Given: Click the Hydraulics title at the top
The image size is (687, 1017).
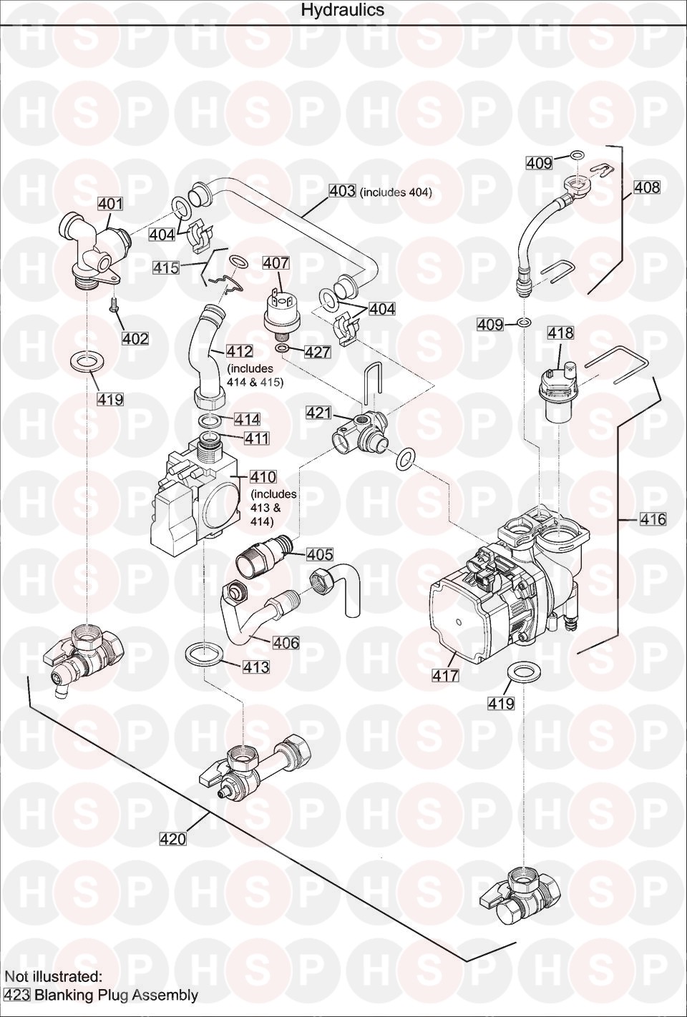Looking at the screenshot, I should click(x=342, y=10).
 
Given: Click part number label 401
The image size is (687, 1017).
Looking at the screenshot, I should click(x=110, y=204).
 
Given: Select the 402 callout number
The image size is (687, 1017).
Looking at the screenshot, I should click(x=135, y=338).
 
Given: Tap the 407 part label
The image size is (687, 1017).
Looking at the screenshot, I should click(x=276, y=263).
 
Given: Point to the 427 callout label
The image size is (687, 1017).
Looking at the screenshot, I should click(x=317, y=352).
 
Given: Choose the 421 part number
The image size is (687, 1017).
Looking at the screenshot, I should click(x=318, y=413).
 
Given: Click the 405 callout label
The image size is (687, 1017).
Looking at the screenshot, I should click(x=320, y=554).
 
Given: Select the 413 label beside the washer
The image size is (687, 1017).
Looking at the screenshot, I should click(x=256, y=667).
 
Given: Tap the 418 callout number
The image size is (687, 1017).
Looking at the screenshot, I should click(x=560, y=333).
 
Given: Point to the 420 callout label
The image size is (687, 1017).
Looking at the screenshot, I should click(x=172, y=839).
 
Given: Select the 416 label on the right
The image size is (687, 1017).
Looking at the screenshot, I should click(x=652, y=519).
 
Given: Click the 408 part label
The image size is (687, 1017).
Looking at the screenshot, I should click(x=647, y=187).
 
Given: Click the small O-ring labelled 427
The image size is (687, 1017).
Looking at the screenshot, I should click(x=283, y=348).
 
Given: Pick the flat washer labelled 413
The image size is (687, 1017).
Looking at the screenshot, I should click(x=204, y=653).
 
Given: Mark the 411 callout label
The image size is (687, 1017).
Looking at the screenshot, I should click(x=255, y=438).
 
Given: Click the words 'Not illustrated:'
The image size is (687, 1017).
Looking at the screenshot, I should click(x=53, y=976).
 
